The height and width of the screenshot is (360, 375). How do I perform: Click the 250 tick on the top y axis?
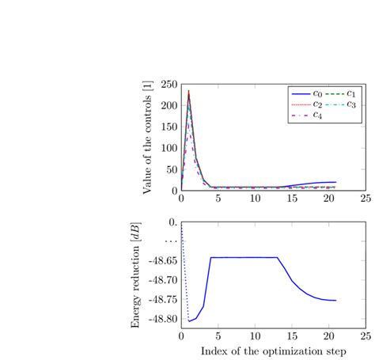coord(169,85)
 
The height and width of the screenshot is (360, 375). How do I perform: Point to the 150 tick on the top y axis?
coord(169,127)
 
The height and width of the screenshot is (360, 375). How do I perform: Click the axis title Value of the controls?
coord(147,138)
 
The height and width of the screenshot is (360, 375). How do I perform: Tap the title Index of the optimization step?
coord(273,350)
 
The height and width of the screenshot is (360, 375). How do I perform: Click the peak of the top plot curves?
coord(188,91)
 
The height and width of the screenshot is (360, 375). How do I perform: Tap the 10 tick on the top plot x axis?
coord(255,199)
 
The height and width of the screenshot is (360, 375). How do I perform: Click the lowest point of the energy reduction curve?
coord(189,321)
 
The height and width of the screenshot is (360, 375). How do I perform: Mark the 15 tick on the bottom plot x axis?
coord(291,335)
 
